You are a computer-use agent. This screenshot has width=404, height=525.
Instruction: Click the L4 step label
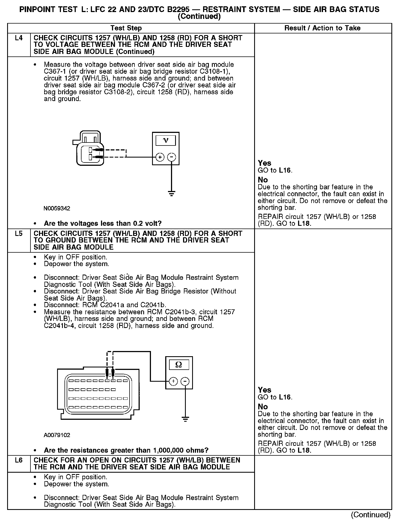19,38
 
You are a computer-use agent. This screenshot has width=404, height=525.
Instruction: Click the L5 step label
19,233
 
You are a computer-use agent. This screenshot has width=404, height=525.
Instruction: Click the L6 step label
19,460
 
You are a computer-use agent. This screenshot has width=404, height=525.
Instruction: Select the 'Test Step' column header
126,28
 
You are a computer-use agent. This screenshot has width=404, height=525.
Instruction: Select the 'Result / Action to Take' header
322,28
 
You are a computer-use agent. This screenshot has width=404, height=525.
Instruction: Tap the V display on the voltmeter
166,141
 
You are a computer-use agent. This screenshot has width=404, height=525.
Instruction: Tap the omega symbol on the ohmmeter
178,365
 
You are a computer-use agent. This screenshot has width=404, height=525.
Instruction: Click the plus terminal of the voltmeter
160,157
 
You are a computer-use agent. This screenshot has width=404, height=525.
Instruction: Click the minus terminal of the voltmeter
172,157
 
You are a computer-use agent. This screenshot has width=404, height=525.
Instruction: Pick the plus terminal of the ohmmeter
173,381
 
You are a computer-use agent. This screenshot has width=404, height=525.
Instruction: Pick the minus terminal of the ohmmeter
185,381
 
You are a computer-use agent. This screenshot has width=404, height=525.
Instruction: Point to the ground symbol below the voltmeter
172,194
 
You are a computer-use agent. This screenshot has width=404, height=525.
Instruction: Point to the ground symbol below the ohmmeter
185,419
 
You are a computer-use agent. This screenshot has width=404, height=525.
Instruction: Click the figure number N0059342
57,209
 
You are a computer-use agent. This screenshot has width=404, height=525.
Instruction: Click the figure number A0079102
57,435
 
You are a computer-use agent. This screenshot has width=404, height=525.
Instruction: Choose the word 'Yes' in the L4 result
264,163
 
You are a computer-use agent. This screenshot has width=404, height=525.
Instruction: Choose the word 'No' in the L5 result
263,407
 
